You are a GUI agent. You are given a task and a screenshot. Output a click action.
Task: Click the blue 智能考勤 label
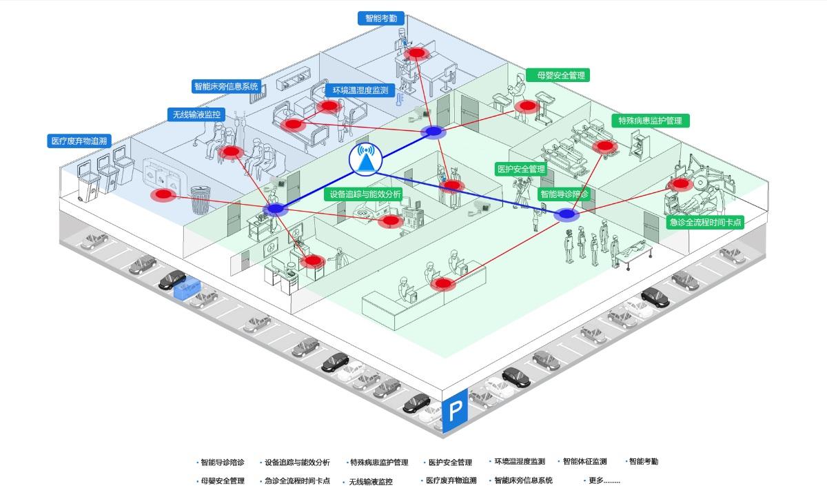(381, 19)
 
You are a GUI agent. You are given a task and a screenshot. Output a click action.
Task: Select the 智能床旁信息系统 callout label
(226, 87)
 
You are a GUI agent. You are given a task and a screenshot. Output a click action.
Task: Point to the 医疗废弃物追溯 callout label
(79, 141)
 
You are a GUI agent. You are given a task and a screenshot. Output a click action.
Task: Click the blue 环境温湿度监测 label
(360, 90)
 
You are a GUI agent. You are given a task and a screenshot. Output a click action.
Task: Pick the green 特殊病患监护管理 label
(650, 121)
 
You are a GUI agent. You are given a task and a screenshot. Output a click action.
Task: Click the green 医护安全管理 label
(521, 169)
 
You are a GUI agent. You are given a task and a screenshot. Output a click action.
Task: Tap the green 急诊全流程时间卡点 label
(706, 222)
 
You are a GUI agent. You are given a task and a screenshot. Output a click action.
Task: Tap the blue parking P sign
(455, 412)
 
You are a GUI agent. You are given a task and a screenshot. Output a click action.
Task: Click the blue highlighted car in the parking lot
(187, 290)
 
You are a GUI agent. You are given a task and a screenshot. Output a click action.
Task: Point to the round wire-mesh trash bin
(201, 199)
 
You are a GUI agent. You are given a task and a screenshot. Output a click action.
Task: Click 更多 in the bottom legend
(604, 480)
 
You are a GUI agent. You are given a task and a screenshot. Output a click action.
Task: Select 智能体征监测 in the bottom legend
(584, 462)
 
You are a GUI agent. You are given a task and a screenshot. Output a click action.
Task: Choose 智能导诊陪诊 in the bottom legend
(222, 463)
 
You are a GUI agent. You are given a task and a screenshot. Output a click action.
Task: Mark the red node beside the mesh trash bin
(164, 195)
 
